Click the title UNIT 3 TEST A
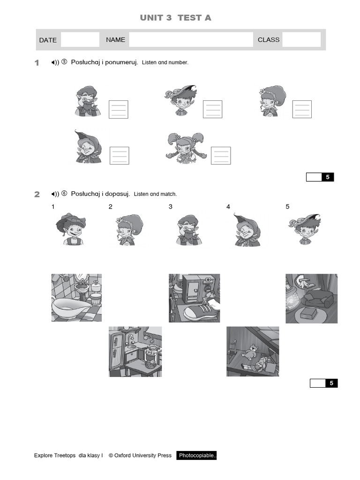[x=175, y=18]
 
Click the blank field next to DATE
[x=80, y=40]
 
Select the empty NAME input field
[x=191, y=40]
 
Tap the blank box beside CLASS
[x=301, y=40]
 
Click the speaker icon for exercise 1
[x=55, y=63]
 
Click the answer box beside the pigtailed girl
[x=220, y=156]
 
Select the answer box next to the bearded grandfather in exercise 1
[x=118, y=109]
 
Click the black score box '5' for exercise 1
[x=328, y=177]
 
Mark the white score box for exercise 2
[x=317, y=383]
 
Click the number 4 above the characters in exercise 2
[x=228, y=207]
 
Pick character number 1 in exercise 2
[x=72, y=229]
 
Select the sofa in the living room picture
[x=318, y=298]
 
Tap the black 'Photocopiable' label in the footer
[x=197, y=456]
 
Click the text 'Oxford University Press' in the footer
[x=143, y=456]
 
